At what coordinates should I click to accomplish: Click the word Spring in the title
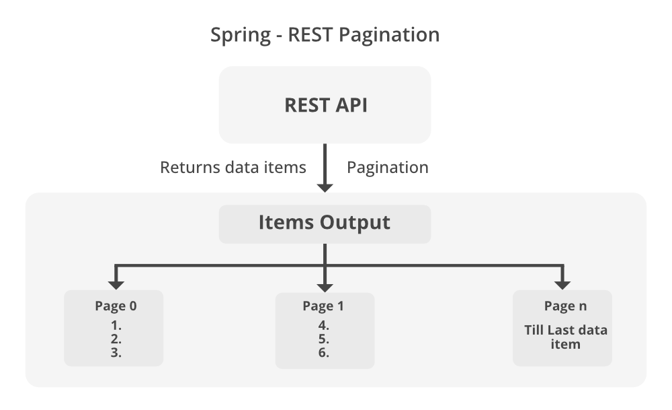239,35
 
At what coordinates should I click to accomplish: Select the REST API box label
325,105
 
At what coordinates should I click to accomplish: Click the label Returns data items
233,167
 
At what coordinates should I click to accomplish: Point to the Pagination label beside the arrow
387,167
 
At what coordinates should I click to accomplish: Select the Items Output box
325,223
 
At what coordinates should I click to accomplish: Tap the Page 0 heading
116,306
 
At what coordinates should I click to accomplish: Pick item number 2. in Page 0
116,338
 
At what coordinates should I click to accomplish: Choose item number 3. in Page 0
116,351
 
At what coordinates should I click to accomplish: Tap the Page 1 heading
323,306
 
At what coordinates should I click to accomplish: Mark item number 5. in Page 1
323,338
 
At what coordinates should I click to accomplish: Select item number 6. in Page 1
323,351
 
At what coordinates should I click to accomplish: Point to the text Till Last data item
566,337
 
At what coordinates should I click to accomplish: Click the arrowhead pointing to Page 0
116,282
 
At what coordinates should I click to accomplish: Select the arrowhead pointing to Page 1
325,282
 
